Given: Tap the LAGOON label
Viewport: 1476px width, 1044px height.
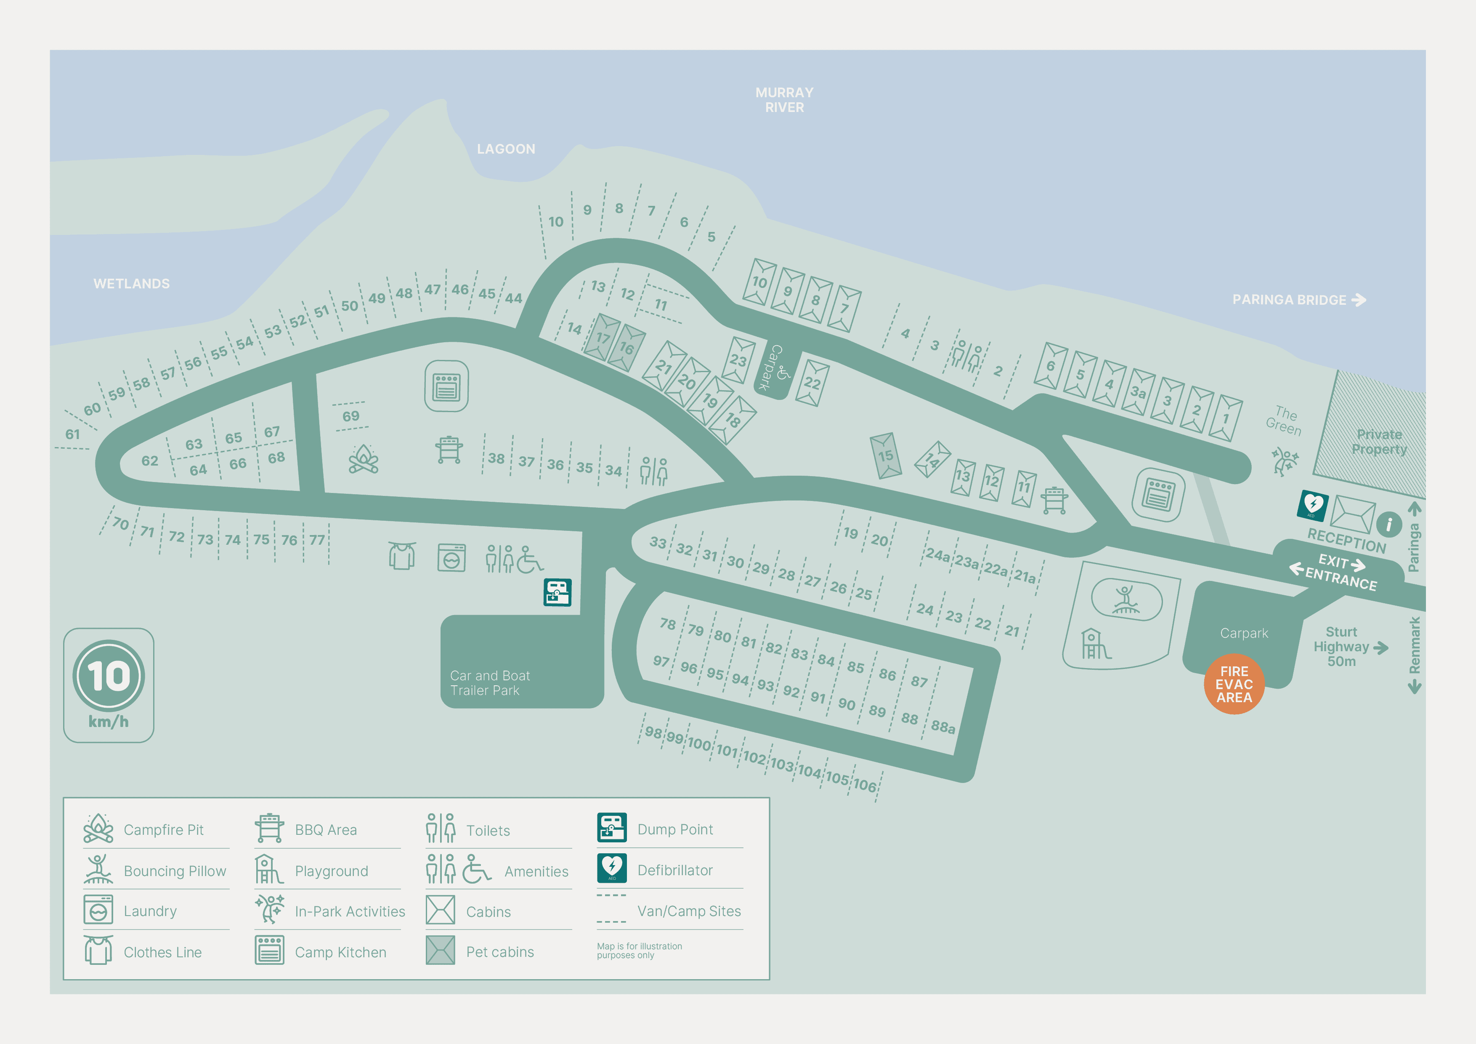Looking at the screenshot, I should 505,149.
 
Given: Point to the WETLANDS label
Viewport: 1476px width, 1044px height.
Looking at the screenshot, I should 131,284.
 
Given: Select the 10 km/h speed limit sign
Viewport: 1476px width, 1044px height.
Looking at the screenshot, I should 108,684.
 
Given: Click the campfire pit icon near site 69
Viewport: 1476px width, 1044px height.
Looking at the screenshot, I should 363,458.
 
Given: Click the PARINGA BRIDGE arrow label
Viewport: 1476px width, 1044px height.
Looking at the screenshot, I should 1298,300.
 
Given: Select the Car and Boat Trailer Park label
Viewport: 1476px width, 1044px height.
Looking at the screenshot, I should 490,682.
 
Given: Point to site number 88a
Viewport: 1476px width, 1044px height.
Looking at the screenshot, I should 942,727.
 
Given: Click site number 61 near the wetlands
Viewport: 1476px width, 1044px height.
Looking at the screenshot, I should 73,434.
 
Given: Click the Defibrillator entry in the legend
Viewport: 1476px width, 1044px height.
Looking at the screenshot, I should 674,870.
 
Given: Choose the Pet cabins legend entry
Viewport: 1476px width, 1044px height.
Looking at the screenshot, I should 499,951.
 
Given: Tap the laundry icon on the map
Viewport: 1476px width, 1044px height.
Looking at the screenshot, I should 451,558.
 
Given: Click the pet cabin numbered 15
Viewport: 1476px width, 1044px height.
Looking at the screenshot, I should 885,455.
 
